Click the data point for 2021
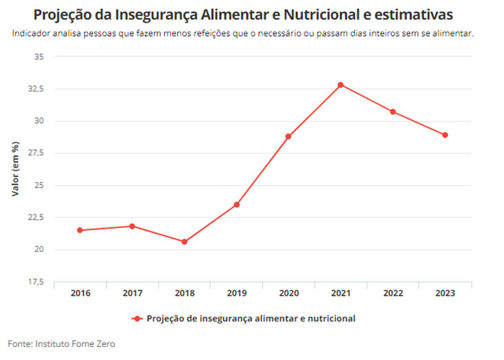341,85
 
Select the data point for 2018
184,242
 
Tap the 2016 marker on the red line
80,230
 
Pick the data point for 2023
445,135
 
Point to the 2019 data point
237,204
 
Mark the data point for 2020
288,136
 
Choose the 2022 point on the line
393,112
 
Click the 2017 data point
132,226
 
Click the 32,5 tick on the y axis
36,89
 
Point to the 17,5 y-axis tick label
36,282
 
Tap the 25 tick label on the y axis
39,186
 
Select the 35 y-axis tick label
39,57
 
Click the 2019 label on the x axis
237,293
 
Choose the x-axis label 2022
393,293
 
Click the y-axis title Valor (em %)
15,168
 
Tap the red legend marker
138,318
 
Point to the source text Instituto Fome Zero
75,343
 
